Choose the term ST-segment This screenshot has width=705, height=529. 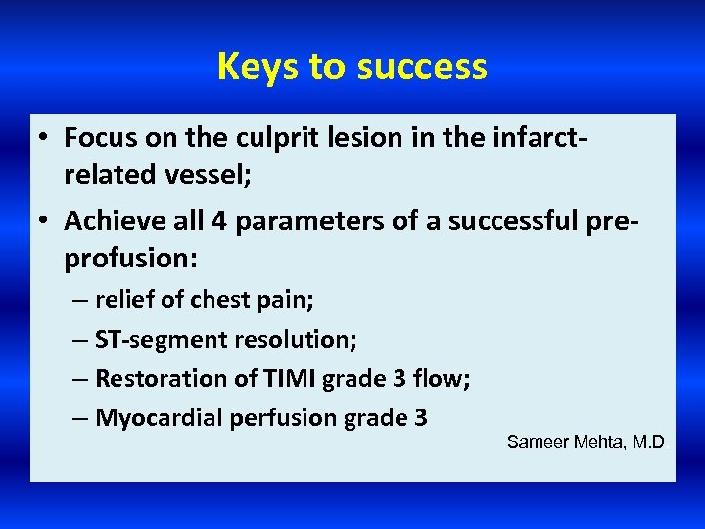click(x=162, y=340)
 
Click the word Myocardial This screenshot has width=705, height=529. click(x=160, y=418)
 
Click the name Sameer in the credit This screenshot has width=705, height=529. click(x=537, y=442)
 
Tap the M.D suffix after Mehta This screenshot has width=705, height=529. click(x=647, y=442)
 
